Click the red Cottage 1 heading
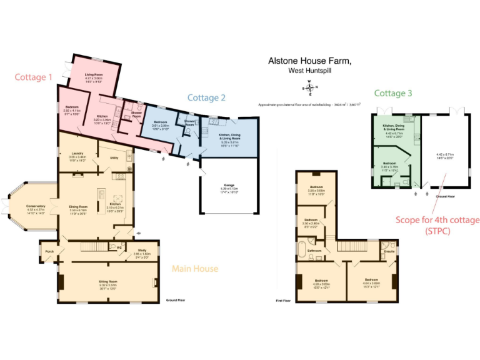click(34, 77)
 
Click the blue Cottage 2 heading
click(206, 97)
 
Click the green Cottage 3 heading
click(393, 93)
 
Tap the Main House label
click(195, 269)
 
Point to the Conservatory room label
click(36, 206)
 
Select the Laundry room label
click(77, 152)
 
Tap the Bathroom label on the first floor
click(314, 251)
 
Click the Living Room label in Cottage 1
click(94, 74)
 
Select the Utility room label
click(114, 157)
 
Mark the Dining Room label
click(78, 206)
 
